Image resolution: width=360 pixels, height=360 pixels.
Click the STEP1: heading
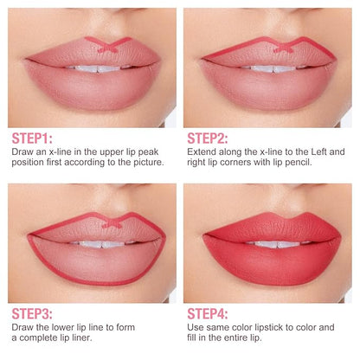pos(32,138)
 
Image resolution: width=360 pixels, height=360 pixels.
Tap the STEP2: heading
pos(208,138)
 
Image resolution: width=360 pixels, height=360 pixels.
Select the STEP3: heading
pos(32,314)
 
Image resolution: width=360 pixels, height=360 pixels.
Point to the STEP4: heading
pos(208,314)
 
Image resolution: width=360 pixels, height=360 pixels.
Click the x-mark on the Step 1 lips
pos(108,47)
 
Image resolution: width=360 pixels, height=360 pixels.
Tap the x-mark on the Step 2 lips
pos(284,48)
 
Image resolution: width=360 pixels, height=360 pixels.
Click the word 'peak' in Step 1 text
pos(148,152)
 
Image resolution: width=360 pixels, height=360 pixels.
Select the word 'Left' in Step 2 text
pos(318,151)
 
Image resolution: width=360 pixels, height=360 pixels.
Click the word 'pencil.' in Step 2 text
pos(299,163)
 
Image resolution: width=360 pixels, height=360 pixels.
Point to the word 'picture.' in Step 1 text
pos(149,163)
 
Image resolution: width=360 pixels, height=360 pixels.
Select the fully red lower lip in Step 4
pos(272,261)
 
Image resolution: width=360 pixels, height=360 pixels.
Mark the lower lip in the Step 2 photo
pos(268,87)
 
